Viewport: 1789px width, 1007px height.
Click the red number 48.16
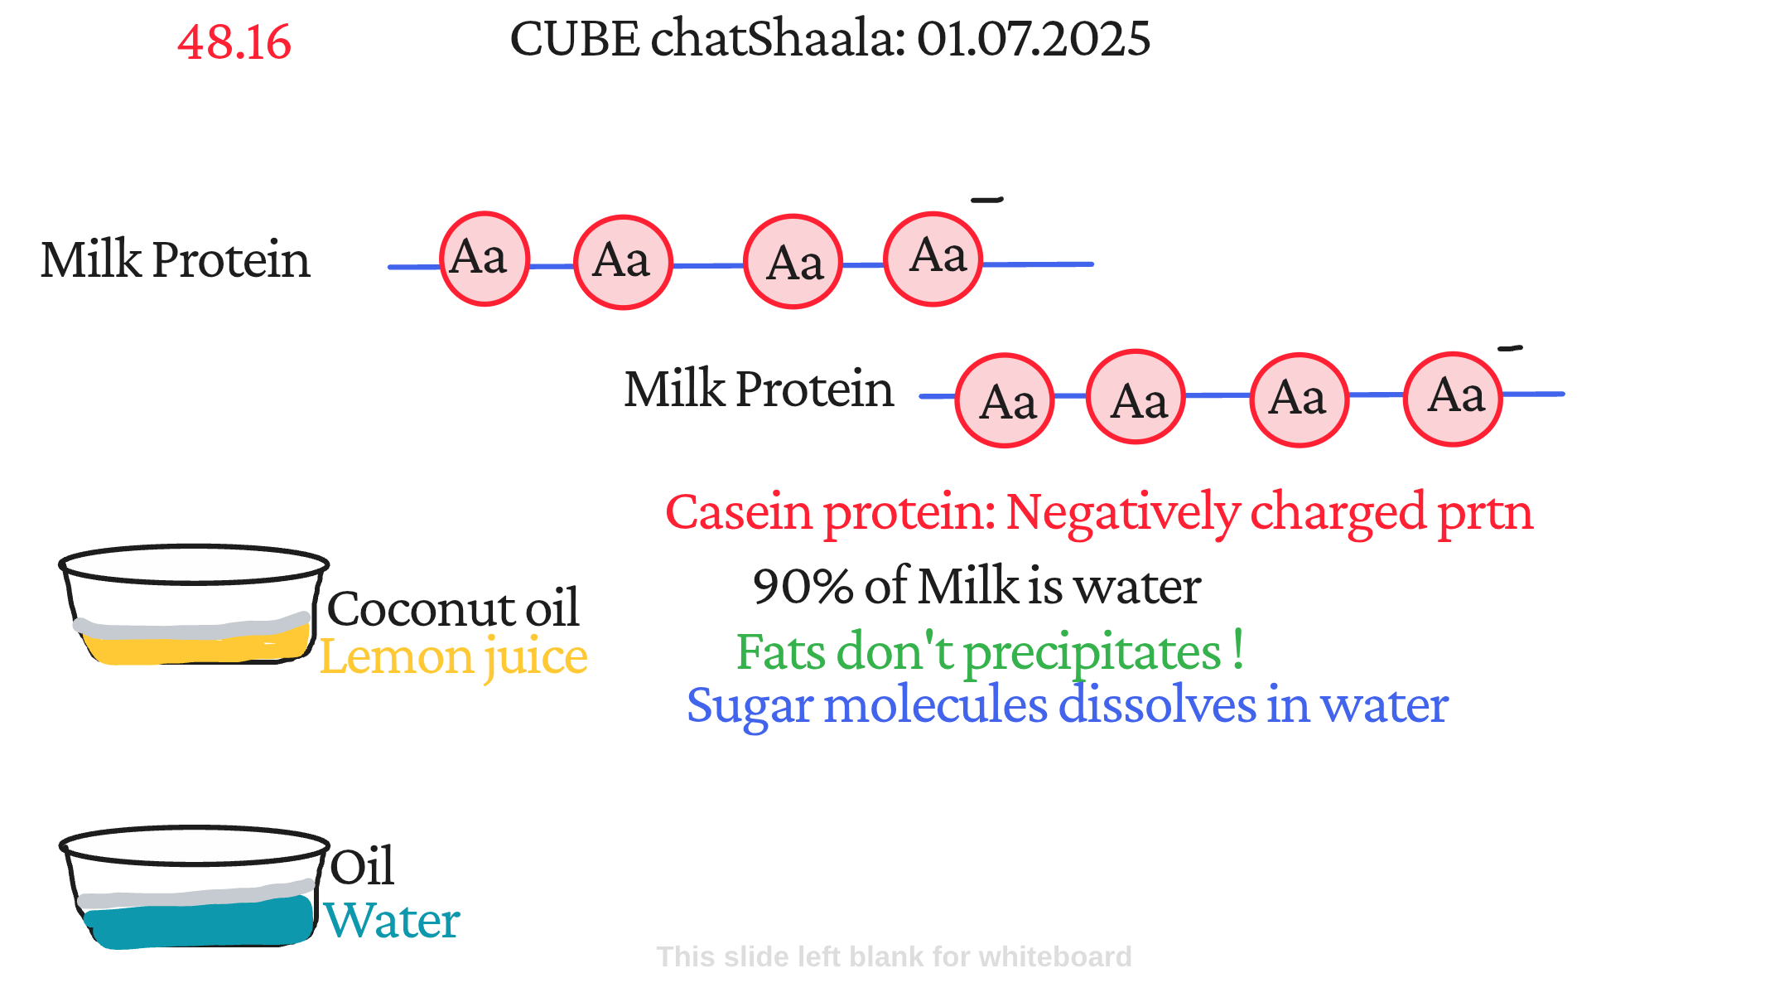(x=234, y=42)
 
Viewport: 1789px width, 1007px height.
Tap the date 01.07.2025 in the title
(x=1034, y=39)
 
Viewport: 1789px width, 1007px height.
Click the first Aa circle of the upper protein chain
(x=484, y=259)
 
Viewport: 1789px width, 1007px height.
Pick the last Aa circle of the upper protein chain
(x=933, y=259)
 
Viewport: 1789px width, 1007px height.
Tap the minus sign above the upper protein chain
(x=987, y=200)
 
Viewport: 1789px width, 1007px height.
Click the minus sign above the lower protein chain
(x=1510, y=348)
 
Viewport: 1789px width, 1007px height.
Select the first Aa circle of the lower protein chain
(x=1005, y=400)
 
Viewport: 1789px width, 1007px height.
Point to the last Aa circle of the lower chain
(x=1454, y=399)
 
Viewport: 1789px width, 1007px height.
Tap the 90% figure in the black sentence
(x=803, y=587)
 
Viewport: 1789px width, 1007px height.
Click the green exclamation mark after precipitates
(x=1237, y=649)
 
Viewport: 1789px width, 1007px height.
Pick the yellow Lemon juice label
(x=454, y=657)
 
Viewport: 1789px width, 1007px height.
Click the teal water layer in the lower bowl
(x=199, y=922)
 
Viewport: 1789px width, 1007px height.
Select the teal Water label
(x=392, y=922)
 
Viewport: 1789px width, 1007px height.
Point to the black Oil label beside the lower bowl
(x=362, y=867)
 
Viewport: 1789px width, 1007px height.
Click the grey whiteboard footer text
(x=894, y=957)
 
